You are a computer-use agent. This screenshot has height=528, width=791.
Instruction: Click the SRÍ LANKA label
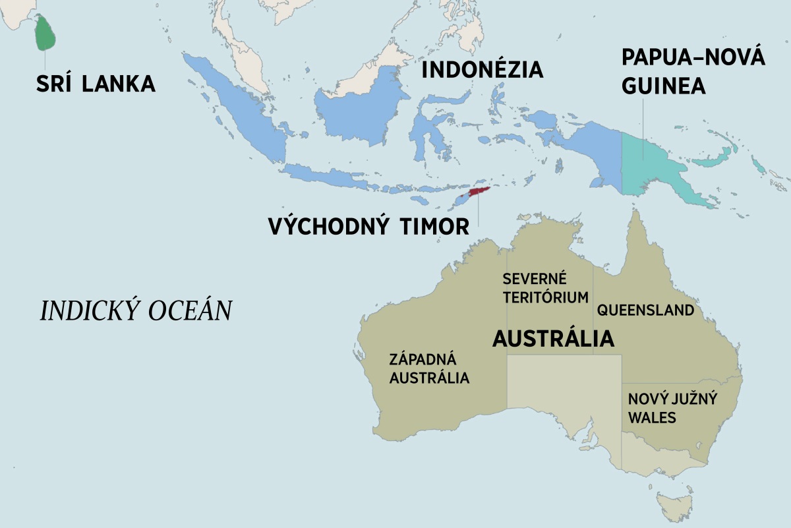click(x=96, y=84)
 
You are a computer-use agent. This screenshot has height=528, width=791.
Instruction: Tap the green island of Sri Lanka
click(x=45, y=34)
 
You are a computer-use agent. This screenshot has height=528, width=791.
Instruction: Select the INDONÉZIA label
click(x=482, y=69)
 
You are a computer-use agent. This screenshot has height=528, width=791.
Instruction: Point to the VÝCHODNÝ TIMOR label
click(x=368, y=226)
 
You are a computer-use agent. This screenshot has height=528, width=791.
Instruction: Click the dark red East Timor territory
click(x=479, y=192)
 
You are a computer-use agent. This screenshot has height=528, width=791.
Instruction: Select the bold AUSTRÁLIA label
click(x=553, y=339)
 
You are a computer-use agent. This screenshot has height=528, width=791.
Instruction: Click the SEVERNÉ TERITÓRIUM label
click(x=544, y=287)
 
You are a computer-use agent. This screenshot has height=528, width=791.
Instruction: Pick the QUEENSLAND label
click(x=645, y=310)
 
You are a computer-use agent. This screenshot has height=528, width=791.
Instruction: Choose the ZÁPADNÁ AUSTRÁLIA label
click(x=429, y=368)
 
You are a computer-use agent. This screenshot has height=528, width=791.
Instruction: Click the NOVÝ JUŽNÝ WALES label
click(x=672, y=408)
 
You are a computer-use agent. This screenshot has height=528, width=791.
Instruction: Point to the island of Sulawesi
click(x=428, y=132)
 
